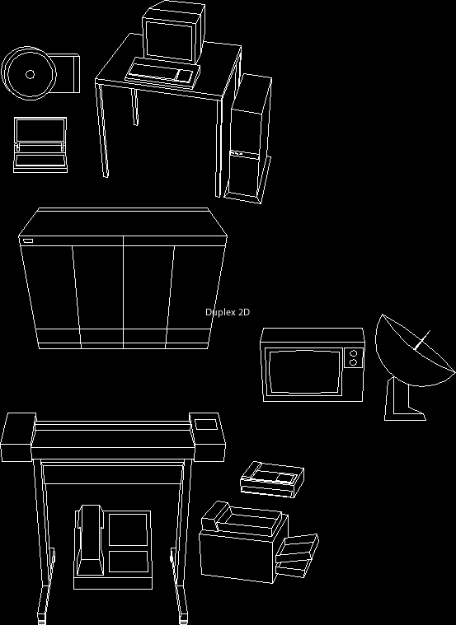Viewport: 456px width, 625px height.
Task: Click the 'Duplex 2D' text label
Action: [x=228, y=312]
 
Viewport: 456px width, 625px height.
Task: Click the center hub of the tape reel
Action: [x=30, y=74]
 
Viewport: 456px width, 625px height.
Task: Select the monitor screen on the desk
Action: [x=170, y=40]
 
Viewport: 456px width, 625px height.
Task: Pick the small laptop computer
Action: [x=40, y=145]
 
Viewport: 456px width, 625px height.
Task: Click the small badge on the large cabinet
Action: [x=28, y=240]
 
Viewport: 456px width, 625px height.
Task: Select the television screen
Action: [x=304, y=372]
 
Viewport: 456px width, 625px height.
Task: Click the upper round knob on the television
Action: [x=354, y=353]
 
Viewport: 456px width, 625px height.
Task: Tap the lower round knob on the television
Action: [x=353, y=362]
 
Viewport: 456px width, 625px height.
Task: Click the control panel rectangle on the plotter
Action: [x=206, y=425]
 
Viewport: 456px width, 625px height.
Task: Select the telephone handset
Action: [x=90, y=540]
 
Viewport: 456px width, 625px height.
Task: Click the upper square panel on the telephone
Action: [x=128, y=529]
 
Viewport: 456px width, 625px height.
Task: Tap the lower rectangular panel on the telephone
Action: [x=128, y=562]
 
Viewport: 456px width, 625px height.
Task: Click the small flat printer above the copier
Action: [x=272, y=479]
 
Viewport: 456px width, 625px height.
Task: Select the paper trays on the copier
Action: [x=296, y=555]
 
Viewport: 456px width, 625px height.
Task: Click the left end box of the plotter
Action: [x=17, y=437]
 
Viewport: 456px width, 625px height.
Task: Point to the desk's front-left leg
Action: [x=101, y=129]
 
